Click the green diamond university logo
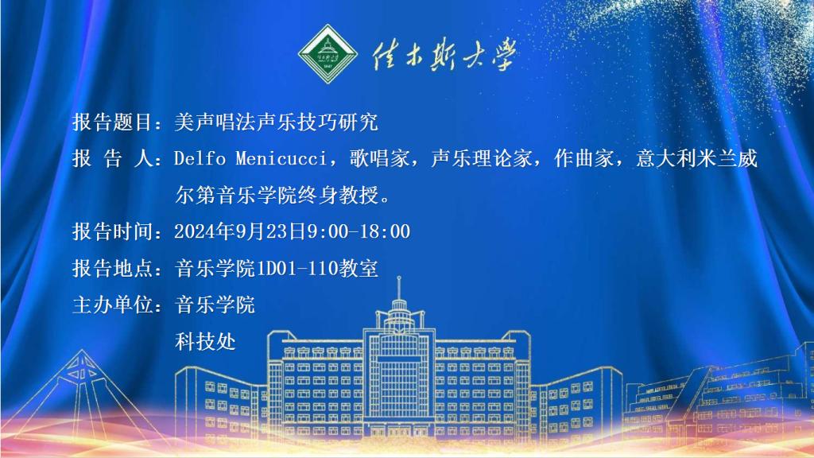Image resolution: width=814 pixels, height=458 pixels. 328,54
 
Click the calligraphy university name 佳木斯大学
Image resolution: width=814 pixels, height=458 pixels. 444,54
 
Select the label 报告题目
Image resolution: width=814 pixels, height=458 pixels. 111,122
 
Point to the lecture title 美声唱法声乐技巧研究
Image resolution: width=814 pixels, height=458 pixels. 276,122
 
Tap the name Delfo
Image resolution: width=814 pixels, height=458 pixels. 200,158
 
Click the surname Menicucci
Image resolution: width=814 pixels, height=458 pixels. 281,158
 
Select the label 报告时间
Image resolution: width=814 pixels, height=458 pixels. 111,231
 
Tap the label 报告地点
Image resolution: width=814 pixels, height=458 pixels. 111,269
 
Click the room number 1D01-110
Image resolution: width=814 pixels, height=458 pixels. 297,269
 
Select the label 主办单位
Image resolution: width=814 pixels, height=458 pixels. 111,305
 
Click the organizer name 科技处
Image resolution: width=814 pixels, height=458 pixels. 205,342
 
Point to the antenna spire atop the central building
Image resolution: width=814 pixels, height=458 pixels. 399,287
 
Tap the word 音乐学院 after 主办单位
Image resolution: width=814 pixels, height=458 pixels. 215,305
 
